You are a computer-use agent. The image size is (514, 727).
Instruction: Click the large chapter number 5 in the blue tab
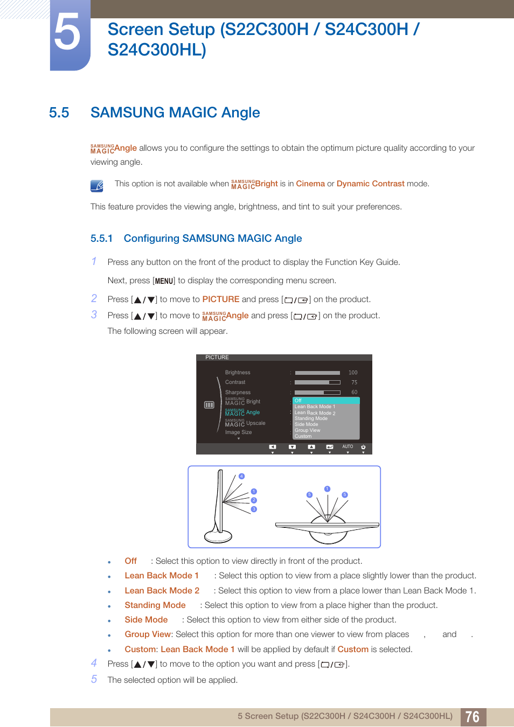68,33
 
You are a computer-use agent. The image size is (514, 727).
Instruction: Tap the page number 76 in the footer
473,717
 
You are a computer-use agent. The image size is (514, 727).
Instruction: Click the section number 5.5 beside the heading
59,113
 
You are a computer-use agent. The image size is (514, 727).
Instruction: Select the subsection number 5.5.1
101,239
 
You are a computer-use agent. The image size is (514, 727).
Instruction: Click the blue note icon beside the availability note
97,186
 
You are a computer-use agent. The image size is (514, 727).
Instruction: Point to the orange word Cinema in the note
310,184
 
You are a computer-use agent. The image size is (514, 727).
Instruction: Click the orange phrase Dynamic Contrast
370,184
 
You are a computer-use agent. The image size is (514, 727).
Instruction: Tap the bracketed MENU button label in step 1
164,281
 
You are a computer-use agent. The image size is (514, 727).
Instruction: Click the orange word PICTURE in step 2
221,299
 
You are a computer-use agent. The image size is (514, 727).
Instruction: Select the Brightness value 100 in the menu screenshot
353,373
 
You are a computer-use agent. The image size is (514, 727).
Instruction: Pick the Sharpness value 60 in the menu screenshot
354,393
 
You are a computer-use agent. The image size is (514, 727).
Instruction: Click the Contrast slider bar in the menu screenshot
317,382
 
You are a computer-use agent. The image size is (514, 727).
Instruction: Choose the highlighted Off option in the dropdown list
298,401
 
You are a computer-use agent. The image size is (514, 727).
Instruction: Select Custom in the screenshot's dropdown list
303,436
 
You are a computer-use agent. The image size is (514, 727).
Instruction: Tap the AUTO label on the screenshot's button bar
348,446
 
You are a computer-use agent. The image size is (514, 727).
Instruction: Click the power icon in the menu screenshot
363,447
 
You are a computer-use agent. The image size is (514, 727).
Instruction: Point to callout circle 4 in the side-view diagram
241,476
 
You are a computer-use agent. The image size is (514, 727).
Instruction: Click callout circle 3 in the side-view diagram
254,509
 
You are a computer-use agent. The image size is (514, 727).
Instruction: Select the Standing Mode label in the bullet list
155,605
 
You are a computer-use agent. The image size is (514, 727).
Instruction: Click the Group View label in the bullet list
148,634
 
